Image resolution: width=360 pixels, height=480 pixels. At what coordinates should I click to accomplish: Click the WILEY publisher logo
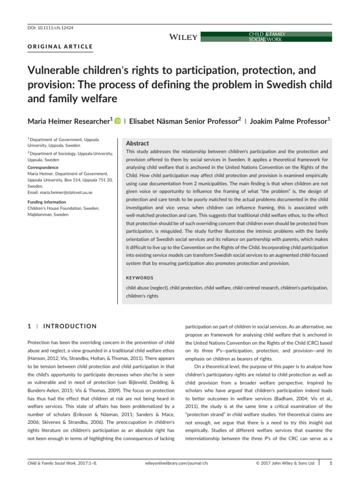(182, 37)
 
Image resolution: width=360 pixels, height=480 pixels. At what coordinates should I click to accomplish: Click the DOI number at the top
(43, 28)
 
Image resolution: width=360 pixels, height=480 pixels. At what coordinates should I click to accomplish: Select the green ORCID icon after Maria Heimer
(117, 121)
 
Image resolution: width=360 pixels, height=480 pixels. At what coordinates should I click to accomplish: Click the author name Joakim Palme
(274, 121)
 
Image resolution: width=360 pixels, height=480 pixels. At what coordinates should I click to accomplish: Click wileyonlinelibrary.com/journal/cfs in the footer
(174, 463)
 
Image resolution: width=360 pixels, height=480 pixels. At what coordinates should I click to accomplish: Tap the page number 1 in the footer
(331, 463)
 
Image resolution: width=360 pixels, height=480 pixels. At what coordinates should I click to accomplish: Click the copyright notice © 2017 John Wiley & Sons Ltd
(285, 463)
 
